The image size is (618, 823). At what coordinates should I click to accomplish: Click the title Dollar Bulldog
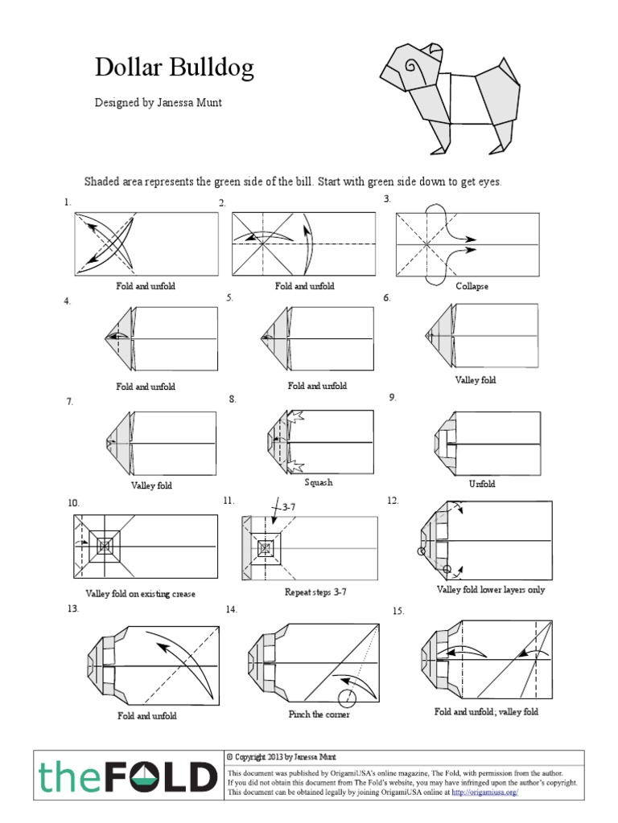(174, 68)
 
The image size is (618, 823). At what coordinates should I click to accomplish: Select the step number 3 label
(387, 199)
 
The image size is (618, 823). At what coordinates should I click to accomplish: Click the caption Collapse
(472, 286)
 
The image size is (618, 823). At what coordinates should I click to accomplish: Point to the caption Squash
(318, 483)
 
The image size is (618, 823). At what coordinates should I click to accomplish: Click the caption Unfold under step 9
(482, 484)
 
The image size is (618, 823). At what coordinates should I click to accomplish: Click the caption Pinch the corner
(319, 714)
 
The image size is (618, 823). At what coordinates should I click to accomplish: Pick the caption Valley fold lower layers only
(491, 589)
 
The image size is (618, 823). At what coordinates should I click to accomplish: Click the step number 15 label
(398, 612)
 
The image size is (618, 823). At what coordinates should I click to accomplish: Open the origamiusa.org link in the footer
(485, 792)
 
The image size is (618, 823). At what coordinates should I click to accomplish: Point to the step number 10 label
(73, 503)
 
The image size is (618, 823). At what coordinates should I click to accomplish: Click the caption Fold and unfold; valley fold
(486, 712)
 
